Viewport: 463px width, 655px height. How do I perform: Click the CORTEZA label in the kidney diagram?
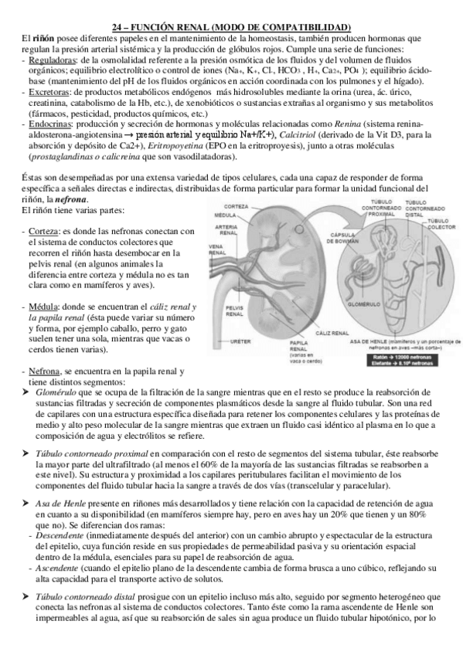[236, 206]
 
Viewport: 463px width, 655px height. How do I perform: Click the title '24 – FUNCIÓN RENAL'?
[231, 27]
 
